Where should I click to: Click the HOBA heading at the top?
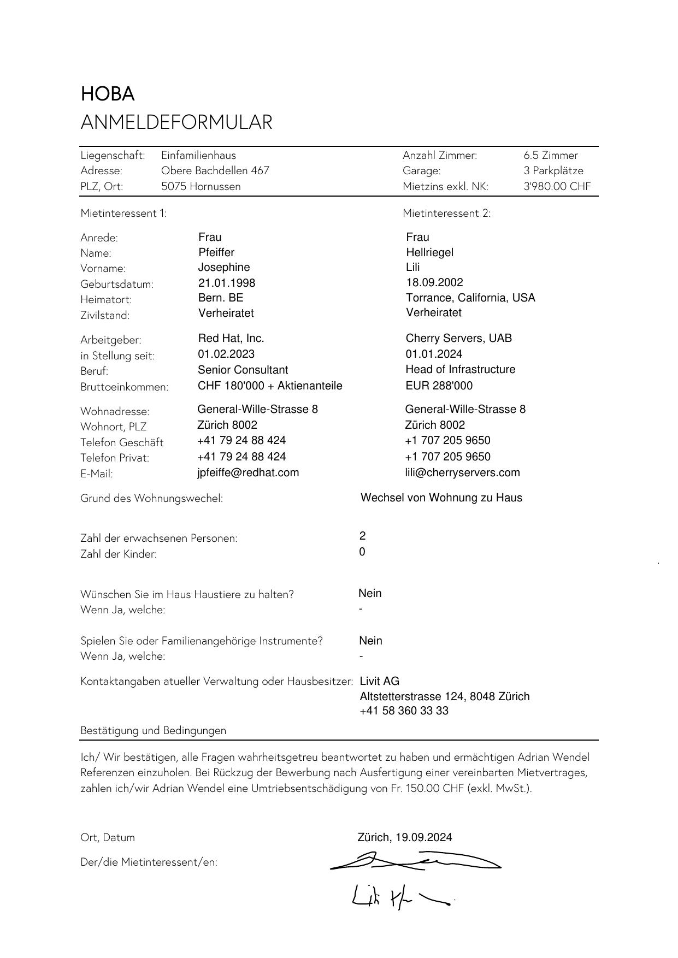[108, 94]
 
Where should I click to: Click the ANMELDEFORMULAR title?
[176, 122]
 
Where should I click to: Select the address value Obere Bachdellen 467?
[215, 170]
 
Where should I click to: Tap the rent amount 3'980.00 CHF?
[557, 186]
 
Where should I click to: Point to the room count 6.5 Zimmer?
[550, 155]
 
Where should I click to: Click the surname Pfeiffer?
[216, 252]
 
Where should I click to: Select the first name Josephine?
[224, 267]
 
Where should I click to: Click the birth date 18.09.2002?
[434, 282]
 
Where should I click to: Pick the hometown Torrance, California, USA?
[470, 298]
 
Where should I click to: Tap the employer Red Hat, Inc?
[231, 338]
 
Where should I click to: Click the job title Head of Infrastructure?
[461, 369]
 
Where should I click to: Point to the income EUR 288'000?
[439, 386]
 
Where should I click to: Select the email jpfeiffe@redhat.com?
[248, 472]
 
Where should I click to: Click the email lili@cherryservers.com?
[462, 472]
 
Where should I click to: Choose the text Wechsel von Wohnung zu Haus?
[441, 498]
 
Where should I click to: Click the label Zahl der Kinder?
[119, 554]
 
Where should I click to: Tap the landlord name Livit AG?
[380, 681]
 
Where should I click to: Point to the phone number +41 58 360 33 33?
[404, 711]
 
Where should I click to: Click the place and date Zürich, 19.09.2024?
[405, 837]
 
